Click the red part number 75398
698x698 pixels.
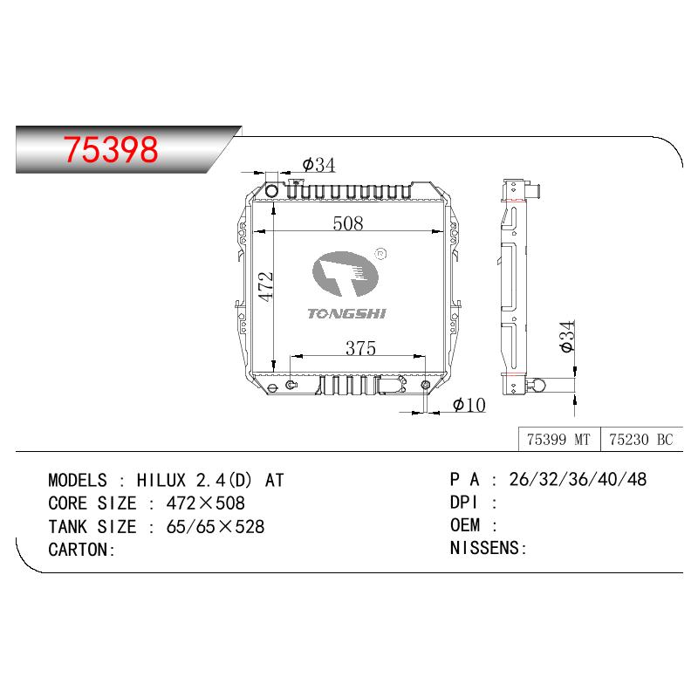coord(111,149)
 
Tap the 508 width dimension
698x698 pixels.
coord(348,223)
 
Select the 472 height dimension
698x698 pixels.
coord(266,287)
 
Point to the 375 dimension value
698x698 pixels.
coord(360,347)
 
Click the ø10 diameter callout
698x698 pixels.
coord(469,405)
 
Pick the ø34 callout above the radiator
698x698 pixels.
coord(318,165)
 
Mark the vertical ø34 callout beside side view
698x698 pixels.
coord(568,337)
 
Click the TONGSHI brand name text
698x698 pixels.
coord(346,313)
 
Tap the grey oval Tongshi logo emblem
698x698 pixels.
coord(346,274)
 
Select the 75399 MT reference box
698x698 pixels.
coord(559,440)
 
